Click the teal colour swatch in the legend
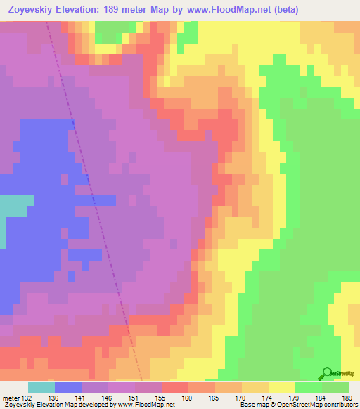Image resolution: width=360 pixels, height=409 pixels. click(x=41, y=388)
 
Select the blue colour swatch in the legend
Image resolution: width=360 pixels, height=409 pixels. click(x=67, y=388)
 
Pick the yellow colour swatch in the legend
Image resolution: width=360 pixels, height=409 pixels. click(x=281, y=388)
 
